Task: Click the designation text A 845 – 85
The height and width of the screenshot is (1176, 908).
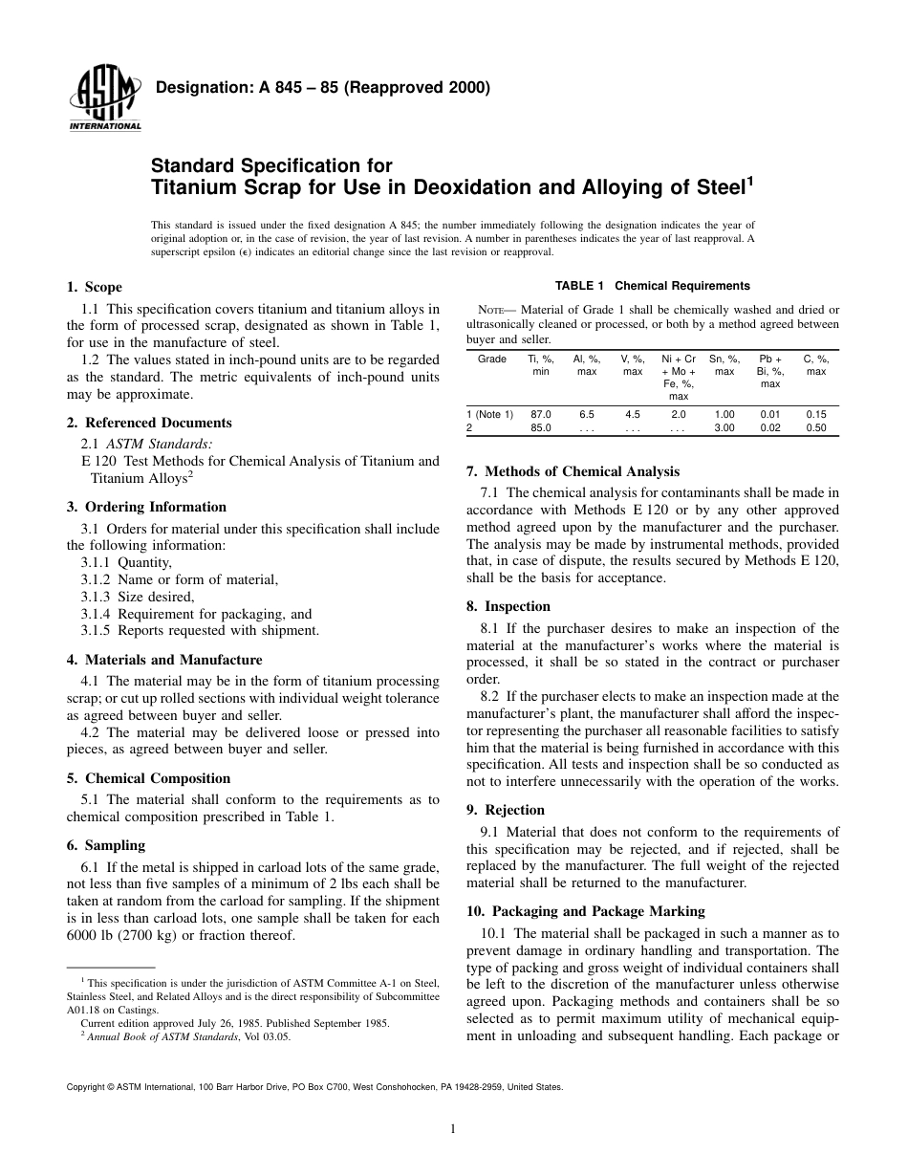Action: click(322, 88)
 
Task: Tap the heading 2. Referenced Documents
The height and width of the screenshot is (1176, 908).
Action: click(148, 423)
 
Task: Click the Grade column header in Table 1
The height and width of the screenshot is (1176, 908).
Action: click(491, 359)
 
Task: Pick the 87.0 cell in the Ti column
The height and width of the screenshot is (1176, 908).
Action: click(541, 415)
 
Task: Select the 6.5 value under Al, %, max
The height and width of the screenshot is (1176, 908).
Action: click(587, 415)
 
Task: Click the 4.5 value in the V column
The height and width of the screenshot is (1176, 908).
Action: click(633, 415)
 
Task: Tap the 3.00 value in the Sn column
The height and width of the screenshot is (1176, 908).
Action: click(724, 428)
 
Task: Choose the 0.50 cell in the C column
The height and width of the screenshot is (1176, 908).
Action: click(815, 428)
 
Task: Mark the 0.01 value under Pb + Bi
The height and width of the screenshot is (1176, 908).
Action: click(769, 415)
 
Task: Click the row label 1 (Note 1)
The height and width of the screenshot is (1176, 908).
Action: click(489, 415)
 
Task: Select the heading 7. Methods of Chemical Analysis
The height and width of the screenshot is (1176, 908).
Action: click(573, 471)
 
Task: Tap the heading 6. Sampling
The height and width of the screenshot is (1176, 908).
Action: click(105, 845)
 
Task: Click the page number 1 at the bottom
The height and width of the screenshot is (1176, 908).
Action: click(453, 1129)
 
